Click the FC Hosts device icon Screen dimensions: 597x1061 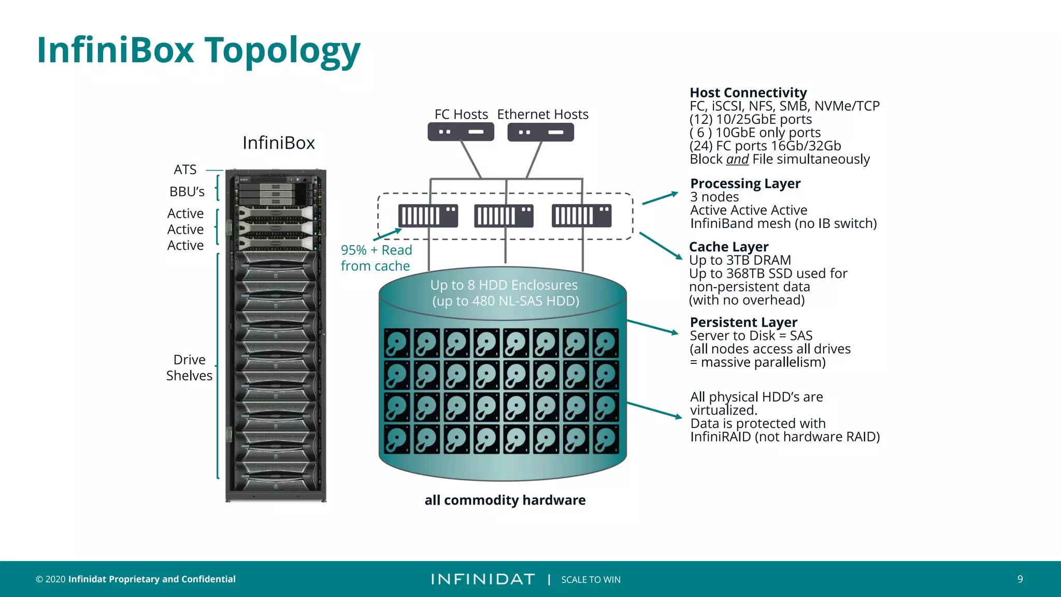(x=461, y=132)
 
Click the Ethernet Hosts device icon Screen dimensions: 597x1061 (x=540, y=132)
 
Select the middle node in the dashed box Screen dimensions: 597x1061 (x=504, y=216)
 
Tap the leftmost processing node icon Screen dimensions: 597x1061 (x=428, y=216)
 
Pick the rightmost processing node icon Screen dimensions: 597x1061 (x=581, y=216)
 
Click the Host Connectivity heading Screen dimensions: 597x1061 (x=748, y=93)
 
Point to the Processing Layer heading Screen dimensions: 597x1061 (x=745, y=183)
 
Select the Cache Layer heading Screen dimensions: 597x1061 (x=728, y=247)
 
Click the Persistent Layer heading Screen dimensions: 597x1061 (x=743, y=322)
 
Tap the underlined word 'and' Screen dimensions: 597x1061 (x=737, y=159)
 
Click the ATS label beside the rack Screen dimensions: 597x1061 (x=185, y=170)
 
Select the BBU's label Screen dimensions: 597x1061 (x=187, y=192)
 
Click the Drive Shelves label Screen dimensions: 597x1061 (x=189, y=367)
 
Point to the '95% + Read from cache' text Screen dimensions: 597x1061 (x=376, y=258)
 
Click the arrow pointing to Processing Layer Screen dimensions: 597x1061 (x=659, y=198)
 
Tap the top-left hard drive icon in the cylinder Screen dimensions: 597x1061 (x=397, y=343)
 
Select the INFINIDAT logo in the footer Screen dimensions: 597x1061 (x=482, y=579)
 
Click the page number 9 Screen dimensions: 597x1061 (x=1020, y=579)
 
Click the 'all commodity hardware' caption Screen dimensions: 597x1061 (x=505, y=500)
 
